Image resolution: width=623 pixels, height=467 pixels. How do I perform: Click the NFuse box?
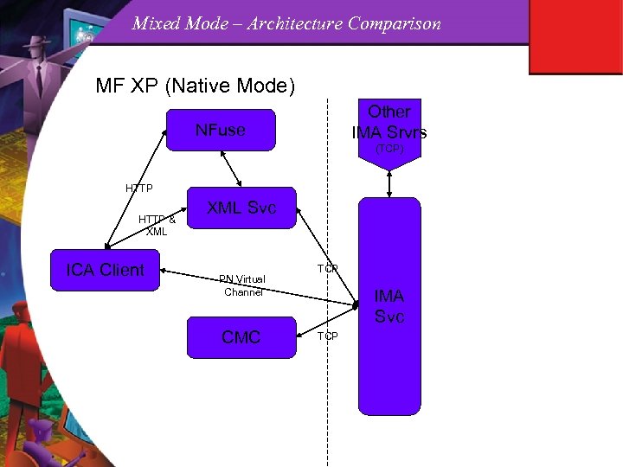(x=221, y=131)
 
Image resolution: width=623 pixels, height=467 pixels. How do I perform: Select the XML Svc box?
(x=242, y=208)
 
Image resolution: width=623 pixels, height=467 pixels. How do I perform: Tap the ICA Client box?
(x=106, y=270)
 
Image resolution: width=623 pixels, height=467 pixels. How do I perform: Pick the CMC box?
(x=241, y=337)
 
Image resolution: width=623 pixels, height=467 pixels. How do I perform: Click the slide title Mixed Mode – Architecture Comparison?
(x=286, y=23)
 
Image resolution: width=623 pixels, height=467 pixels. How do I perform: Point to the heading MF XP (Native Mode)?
(x=196, y=86)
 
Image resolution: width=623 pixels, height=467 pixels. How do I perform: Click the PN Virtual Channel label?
(x=242, y=285)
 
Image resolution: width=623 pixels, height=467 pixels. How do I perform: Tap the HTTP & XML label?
(x=157, y=225)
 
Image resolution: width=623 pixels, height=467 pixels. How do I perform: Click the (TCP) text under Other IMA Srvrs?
(x=389, y=150)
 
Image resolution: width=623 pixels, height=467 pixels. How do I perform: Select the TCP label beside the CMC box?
(x=327, y=336)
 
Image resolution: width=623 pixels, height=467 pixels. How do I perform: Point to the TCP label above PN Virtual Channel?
(x=327, y=269)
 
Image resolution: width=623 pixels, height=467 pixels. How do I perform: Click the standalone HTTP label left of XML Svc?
(x=138, y=188)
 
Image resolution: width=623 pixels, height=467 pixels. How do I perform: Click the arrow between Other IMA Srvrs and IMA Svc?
(x=389, y=181)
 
